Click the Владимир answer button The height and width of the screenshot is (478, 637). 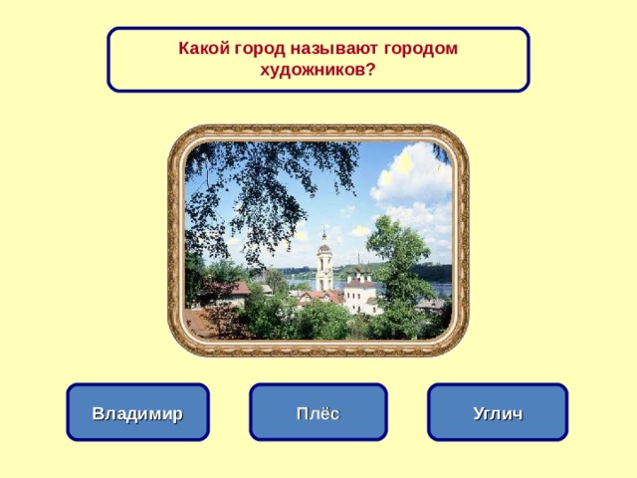137,413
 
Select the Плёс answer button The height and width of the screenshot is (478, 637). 318,413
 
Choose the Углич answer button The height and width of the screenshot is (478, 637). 498,413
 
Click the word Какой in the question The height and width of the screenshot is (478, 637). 203,48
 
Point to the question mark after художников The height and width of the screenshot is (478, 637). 371,70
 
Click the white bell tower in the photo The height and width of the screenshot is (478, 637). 324,265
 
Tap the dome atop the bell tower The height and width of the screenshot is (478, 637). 324,237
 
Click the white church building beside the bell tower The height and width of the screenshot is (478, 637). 359,293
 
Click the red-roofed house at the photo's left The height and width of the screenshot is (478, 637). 225,291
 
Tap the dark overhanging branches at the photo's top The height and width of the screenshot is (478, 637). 259,179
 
